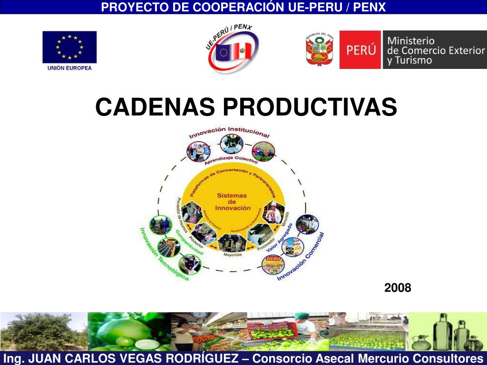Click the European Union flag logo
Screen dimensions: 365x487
tap(69, 47)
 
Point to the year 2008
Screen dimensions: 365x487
tap(398, 288)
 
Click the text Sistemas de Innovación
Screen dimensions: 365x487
tap(233, 202)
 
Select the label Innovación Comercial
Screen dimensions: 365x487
tap(302, 257)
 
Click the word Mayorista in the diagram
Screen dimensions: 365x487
tap(233, 255)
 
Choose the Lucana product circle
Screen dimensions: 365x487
tap(273, 265)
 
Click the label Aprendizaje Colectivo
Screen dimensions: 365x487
tap(231, 159)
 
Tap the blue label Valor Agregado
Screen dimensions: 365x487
tap(279, 237)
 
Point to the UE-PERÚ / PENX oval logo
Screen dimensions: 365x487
tap(232, 50)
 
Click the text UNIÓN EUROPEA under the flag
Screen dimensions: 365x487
tap(69, 68)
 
